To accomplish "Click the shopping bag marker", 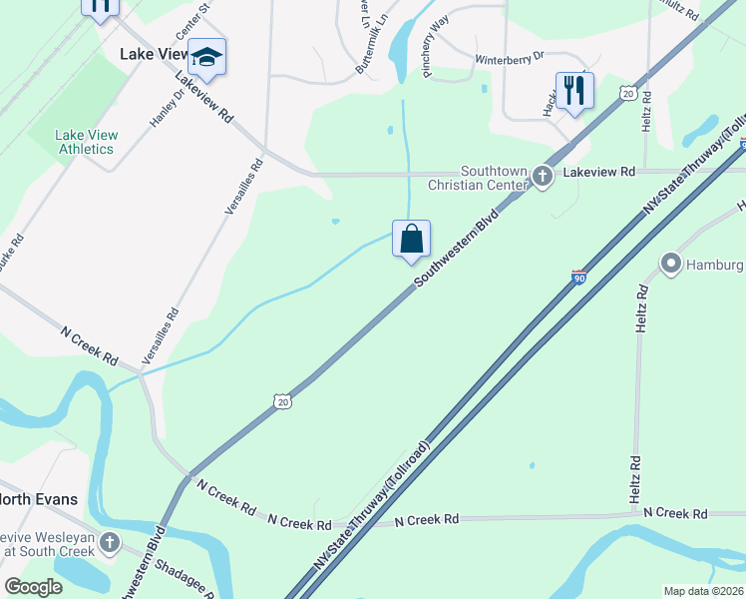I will coord(411,240).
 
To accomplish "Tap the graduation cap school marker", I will coord(207,58).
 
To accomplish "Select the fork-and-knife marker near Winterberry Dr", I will coord(574,92).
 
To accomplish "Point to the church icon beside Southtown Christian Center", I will coord(543,177).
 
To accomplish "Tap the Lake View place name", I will coord(154,54).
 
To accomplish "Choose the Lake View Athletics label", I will coord(86,142).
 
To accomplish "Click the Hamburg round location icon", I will coord(670,265).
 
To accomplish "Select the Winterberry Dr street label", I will coord(509,58).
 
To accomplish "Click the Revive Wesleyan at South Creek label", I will coord(47,543).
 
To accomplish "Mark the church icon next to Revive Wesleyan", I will coord(109,544).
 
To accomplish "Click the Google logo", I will coord(34,587).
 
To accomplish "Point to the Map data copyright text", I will coord(703,591).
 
